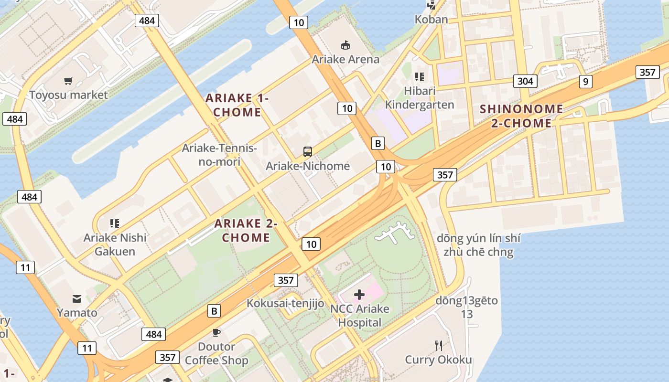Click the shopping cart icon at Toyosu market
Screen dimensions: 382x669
coord(69,81)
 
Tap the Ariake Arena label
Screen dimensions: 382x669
coord(345,59)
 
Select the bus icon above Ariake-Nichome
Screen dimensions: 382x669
coord(308,152)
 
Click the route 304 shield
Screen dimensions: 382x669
coord(525,81)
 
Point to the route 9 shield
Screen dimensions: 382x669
coord(586,82)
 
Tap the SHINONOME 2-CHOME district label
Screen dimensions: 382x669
coord(521,116)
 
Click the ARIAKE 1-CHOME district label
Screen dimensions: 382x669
coord(237,105)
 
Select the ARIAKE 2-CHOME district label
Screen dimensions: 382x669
coord(246,230)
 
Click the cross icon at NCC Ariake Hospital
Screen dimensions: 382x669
coord(359,295)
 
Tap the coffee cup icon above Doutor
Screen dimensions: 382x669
coord(216,332)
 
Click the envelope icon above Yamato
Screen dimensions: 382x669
coord(77,299)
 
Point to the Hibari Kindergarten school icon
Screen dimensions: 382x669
coord(420,76)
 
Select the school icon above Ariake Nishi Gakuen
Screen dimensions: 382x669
coord(114,223)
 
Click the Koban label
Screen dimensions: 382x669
coord(431,20)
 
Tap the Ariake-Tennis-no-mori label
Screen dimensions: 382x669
coord(219,155)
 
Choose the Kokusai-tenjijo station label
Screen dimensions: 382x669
coord(285,303)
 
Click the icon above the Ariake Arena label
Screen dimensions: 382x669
coord(345,45)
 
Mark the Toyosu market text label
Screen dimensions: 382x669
coord(69,95)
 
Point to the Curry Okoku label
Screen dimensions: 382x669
coord(438,360)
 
